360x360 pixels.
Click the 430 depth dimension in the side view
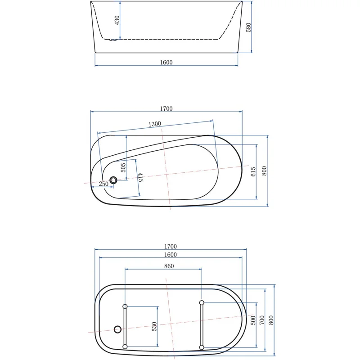coord(117,20)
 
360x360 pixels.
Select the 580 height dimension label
coord(248,27)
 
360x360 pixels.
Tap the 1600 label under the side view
coord(166,63)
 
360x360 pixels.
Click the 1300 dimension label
coord(155,124)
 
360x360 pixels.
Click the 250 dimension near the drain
coord(103,184)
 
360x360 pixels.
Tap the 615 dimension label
coord(253,171)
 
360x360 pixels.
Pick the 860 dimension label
coord(169,266)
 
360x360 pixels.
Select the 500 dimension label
coord(253,320)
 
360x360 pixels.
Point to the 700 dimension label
coord(262,320)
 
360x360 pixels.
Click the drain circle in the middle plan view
coord(113,180)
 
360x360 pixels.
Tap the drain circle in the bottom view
coord(118,329)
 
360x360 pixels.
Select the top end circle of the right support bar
coord(202,302)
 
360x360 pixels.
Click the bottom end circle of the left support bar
coord(125,346)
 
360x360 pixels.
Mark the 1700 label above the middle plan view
coord(166,108)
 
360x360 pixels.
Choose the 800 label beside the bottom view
coord(271,320)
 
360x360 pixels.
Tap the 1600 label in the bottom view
coord(170,255)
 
